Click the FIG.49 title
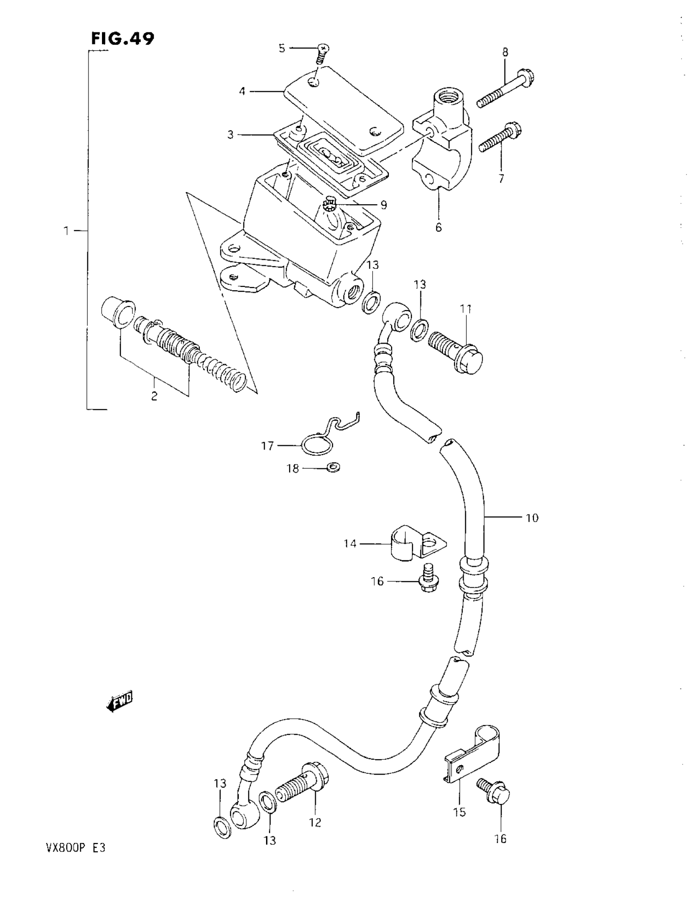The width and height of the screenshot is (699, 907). click(123, 39)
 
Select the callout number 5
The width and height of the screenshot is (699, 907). click(282, 49)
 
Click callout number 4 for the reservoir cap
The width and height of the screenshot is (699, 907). click(242, 91)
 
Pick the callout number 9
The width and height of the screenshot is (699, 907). click(383, 205)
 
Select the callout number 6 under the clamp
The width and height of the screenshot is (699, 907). click(439, 228)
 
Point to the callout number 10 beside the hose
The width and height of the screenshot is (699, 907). click(532, 518)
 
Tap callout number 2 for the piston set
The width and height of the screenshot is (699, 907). click(154, 396)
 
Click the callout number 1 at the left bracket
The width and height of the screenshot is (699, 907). click(66, 230)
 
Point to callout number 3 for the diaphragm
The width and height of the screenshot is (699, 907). click(231, 134)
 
